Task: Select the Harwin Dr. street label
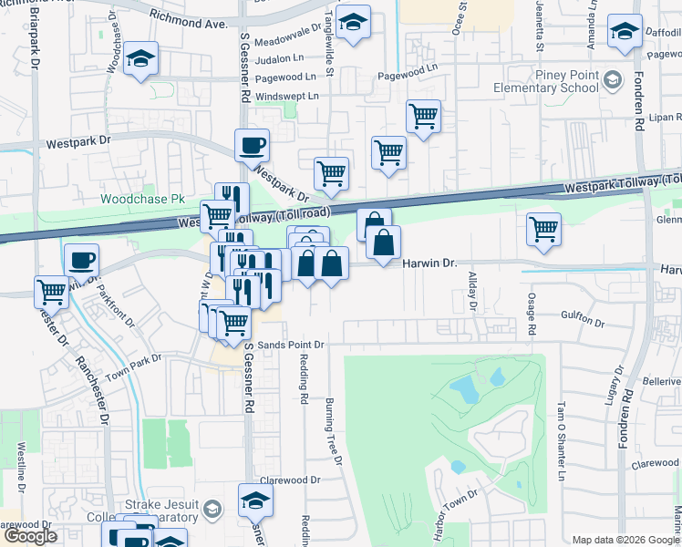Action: click(429, 263)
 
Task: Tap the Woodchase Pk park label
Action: click(142, 198)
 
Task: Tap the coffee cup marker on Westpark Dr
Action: click(252, 144)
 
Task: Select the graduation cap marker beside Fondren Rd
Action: click(625, 32)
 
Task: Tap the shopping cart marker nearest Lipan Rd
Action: click(423, 116)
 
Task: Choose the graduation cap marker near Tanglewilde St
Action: click(353, 22)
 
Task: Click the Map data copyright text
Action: click(625, 540)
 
